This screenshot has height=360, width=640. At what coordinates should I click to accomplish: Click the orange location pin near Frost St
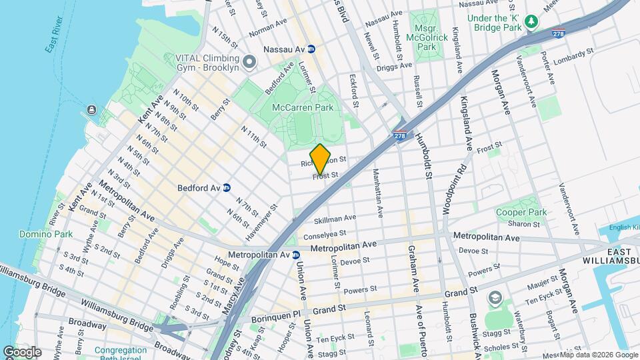click(x=321, y=159)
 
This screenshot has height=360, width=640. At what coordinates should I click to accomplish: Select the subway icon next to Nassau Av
click(x=311, y=49)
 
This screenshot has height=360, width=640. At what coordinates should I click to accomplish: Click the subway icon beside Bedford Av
click(x=227, y=188)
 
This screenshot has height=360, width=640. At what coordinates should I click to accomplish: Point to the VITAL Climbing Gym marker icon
click(x=250, y=63)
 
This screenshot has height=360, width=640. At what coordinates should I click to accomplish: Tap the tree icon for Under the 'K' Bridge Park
click(x=531, y=23)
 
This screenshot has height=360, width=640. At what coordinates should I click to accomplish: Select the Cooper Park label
click(x=521, y=212)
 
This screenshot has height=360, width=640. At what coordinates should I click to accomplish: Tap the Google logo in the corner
click(x=22, y=351)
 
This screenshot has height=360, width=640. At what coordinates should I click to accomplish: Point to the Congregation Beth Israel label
click(x=120, y=353)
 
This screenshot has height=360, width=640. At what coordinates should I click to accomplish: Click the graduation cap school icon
click(x=495, y=296)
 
